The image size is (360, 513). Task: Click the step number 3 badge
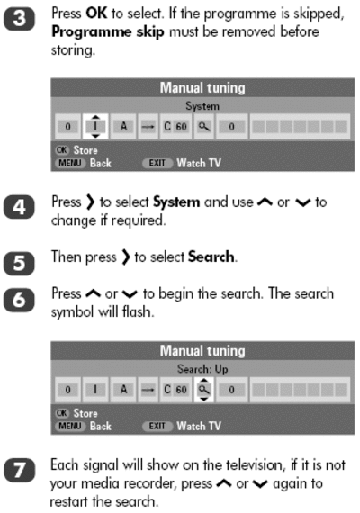[x=19, y=19]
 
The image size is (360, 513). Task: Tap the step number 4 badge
[x=19, y=207]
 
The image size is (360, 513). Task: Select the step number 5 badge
[x=19, y=263]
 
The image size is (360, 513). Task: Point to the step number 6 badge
[x=19, y=300]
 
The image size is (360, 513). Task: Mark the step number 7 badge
[x=19, y=470]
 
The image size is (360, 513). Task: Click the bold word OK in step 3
[x=96, y=13]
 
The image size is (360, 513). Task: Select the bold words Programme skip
[x=108, y=32]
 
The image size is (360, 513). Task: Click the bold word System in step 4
[x=176, y=202]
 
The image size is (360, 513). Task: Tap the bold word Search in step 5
[x=211, y=256]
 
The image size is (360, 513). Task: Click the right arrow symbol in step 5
[x=126, y=257]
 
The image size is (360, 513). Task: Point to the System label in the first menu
[x=202, y=106]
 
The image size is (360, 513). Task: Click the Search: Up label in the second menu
[x=202, y=369]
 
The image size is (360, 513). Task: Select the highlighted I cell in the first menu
[x=95, y=126]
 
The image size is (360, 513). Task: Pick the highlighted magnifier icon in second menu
[x=204, y=390]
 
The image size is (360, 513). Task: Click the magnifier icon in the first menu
[x=204, y=126]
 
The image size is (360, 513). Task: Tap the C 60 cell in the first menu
[x=175, y=127]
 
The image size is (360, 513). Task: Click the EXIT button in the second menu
[x=157, y=426]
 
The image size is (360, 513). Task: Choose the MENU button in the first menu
[x=70, y=163]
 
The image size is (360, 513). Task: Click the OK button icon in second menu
[x=61, y=413]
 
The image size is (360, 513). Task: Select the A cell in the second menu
[x=123, y=390]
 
